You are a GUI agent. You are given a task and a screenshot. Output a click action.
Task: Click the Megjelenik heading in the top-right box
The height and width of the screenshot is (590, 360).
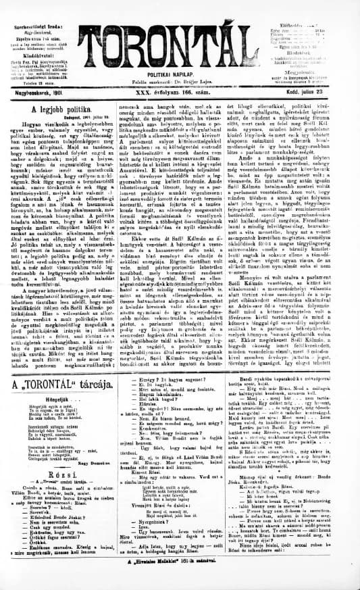click(x=316, y=66)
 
